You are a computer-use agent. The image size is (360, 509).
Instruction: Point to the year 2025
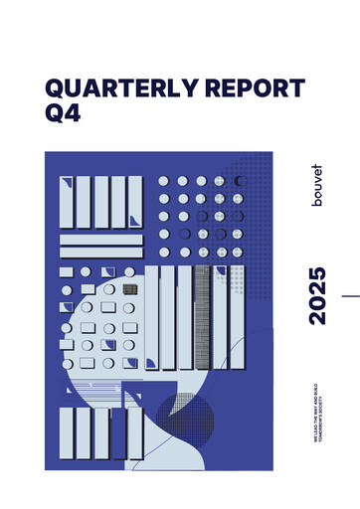coord(316,295)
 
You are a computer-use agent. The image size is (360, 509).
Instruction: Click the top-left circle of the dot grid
coord(164,181)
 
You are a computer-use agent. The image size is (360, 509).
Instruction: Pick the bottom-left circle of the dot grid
coord(164,253)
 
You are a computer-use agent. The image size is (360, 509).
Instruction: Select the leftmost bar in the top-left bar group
coord(67,202)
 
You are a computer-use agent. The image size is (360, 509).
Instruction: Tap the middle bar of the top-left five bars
coord(100,202)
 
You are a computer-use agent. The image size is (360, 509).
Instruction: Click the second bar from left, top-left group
coord(84,202)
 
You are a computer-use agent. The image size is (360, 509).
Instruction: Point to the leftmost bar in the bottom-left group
coord(67,438)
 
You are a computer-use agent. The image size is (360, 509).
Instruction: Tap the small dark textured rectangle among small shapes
coord(129,289)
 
